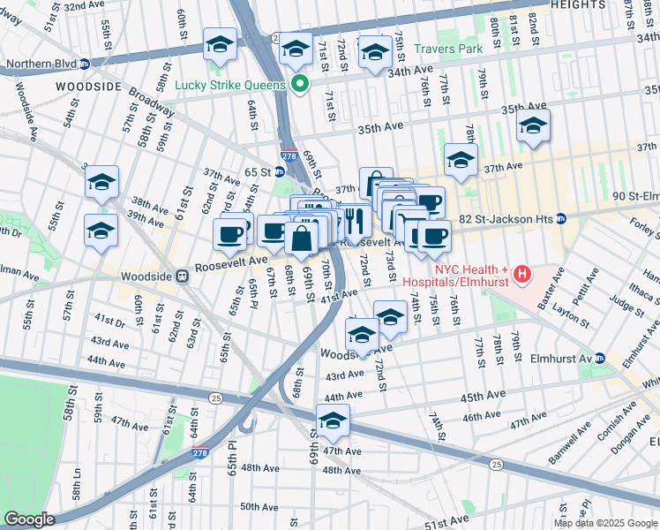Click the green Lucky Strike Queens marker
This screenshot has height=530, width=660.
pyautogui.click(x=299, y=85)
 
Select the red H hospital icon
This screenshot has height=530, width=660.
pyautogui.click(x=522, y=275)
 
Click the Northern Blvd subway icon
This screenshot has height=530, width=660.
pyautogui.click(x=85, y=64)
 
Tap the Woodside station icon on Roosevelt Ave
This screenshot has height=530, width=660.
pyautogui.click(x=182, y=276)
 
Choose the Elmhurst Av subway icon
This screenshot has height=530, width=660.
pyautogui.click(x=599, y=360)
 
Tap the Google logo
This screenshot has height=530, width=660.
pyautogui.click(x=29, y=519)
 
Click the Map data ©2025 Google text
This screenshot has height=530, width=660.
pyautogui.click(x=605, y=523)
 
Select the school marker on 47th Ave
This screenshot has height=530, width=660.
pyautogui.click(x=333, y=420)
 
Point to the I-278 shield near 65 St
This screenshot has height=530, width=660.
pyautogui.click(x=289, y=155)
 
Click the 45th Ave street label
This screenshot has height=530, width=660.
pyautogui.click(x=481, y=395)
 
